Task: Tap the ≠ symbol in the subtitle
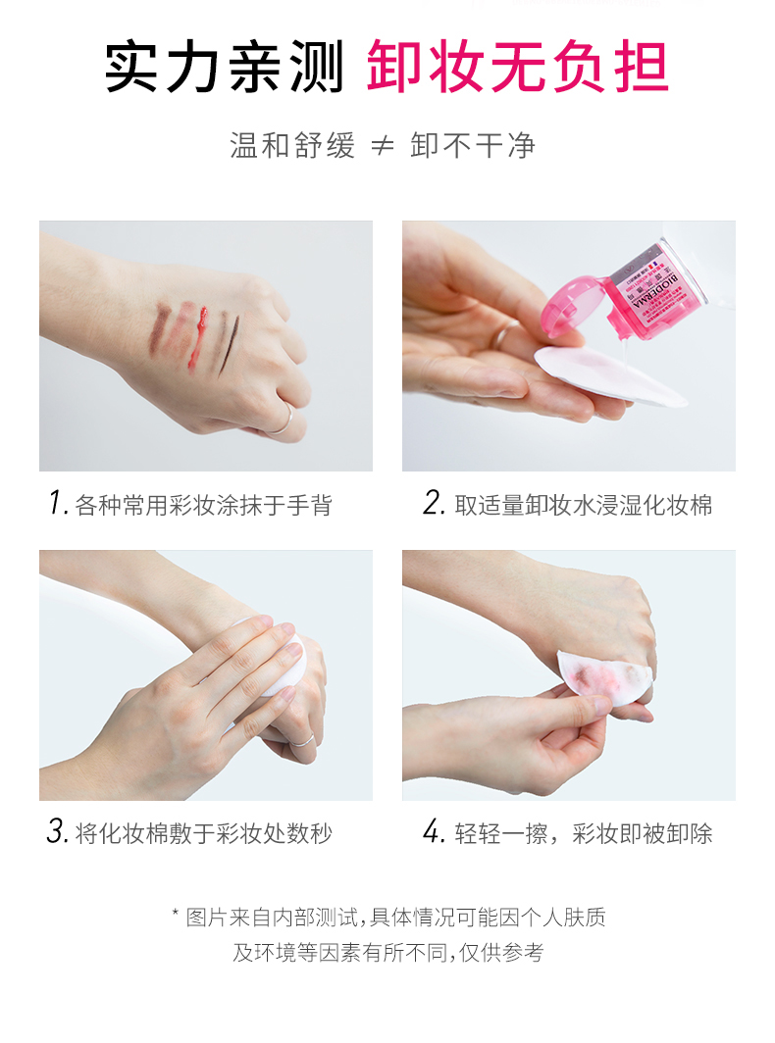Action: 384,146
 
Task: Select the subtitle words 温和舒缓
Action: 291,146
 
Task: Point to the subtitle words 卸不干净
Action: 473,146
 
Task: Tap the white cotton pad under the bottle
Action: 608,377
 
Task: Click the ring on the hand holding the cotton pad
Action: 502,335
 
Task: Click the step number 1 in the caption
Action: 56,504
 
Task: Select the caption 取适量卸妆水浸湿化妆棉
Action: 583,505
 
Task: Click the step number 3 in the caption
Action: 56,832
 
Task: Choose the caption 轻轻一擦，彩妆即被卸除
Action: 583,833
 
